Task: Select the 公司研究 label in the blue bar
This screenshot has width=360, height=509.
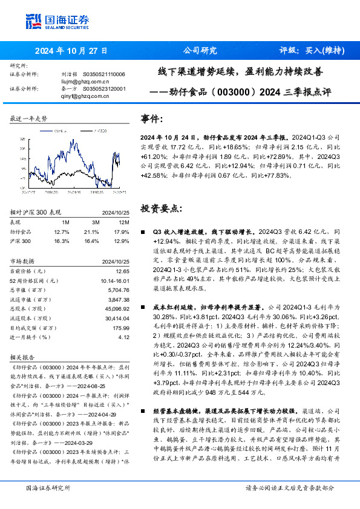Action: pyautogui.click(x=200, y=51)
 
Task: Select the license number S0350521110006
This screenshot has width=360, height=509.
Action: pyautogui.click(x=104, y=74)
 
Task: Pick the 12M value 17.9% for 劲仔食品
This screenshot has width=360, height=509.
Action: pyautogui.click(x=122, y=232)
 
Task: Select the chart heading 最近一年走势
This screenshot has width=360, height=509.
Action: pyautogui.click(x=28, y=118)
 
